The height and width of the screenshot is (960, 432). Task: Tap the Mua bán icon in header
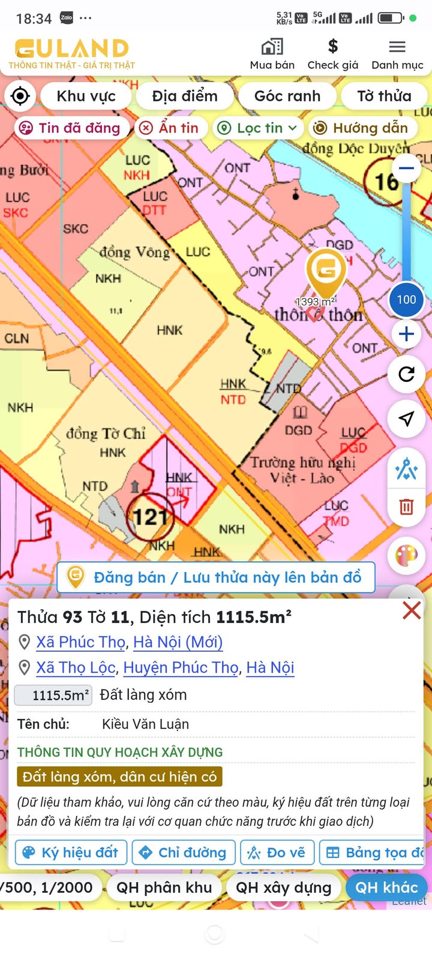tap(272, 47)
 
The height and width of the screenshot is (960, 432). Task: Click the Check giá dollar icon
tap(333, 46)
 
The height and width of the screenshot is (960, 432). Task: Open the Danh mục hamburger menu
tap(397, 47)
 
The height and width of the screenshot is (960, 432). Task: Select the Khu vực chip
tap(86, 96)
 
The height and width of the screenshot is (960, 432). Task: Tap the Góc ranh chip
tap(287, 96)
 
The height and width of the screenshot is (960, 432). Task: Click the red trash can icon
tap(406, 507)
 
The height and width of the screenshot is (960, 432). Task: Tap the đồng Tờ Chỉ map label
tap(106, 434)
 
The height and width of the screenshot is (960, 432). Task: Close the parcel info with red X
tap(412, 610)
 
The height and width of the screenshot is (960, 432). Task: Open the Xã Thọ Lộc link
tap(76, 667)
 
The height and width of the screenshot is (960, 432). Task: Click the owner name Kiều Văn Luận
tap(145, 724)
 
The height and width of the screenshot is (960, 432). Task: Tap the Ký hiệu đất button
tap(71, 852)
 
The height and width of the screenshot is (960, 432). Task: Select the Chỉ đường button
tap(184, 852)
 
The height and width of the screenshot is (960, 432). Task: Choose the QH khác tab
tap(386, 887)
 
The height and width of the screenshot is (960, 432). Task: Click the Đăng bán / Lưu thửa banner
tap(216, 577)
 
